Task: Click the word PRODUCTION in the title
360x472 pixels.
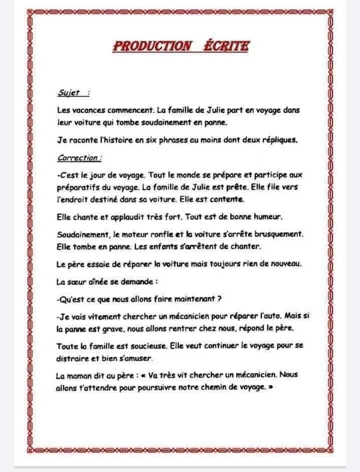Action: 152,46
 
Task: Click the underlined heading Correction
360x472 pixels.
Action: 79,158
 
